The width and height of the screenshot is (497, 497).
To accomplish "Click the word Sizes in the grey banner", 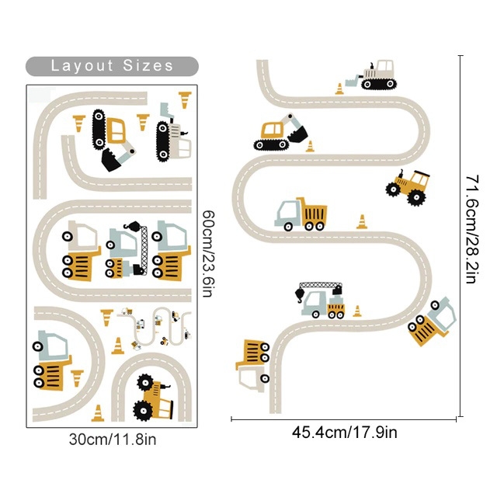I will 148,65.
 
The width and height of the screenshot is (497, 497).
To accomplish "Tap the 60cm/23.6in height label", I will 207,252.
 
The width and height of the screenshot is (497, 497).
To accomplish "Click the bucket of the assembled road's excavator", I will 296,136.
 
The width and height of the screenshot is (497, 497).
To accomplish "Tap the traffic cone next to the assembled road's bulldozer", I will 339,89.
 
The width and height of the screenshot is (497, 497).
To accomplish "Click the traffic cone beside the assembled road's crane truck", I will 357,311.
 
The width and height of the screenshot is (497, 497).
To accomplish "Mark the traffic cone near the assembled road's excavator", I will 311,146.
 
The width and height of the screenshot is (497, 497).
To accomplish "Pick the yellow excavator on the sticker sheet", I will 113,138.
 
